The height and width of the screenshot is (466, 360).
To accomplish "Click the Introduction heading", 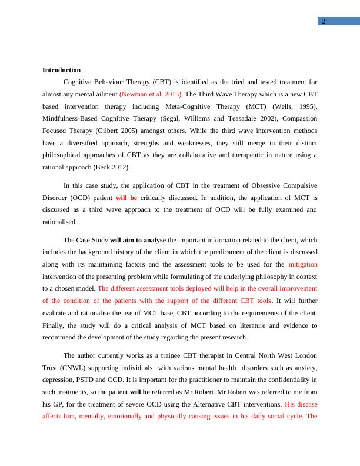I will [x=61, y=70].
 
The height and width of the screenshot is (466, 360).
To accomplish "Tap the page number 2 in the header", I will [x=323, y=22].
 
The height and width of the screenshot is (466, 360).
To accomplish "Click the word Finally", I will [x=54, y=325].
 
